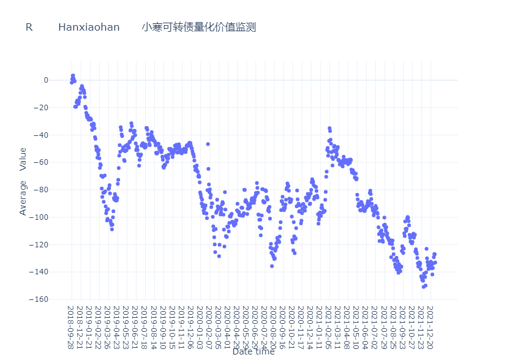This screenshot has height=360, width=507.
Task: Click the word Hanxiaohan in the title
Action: pos(89,28)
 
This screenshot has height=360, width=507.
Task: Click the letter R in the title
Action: pos(29,28)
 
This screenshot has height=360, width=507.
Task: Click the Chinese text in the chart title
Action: pos(198,28)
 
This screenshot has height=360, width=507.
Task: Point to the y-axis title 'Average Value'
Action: pos(23,181)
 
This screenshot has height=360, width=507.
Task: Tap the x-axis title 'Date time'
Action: pos(253,351)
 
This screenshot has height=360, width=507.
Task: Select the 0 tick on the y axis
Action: pos(62,80)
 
